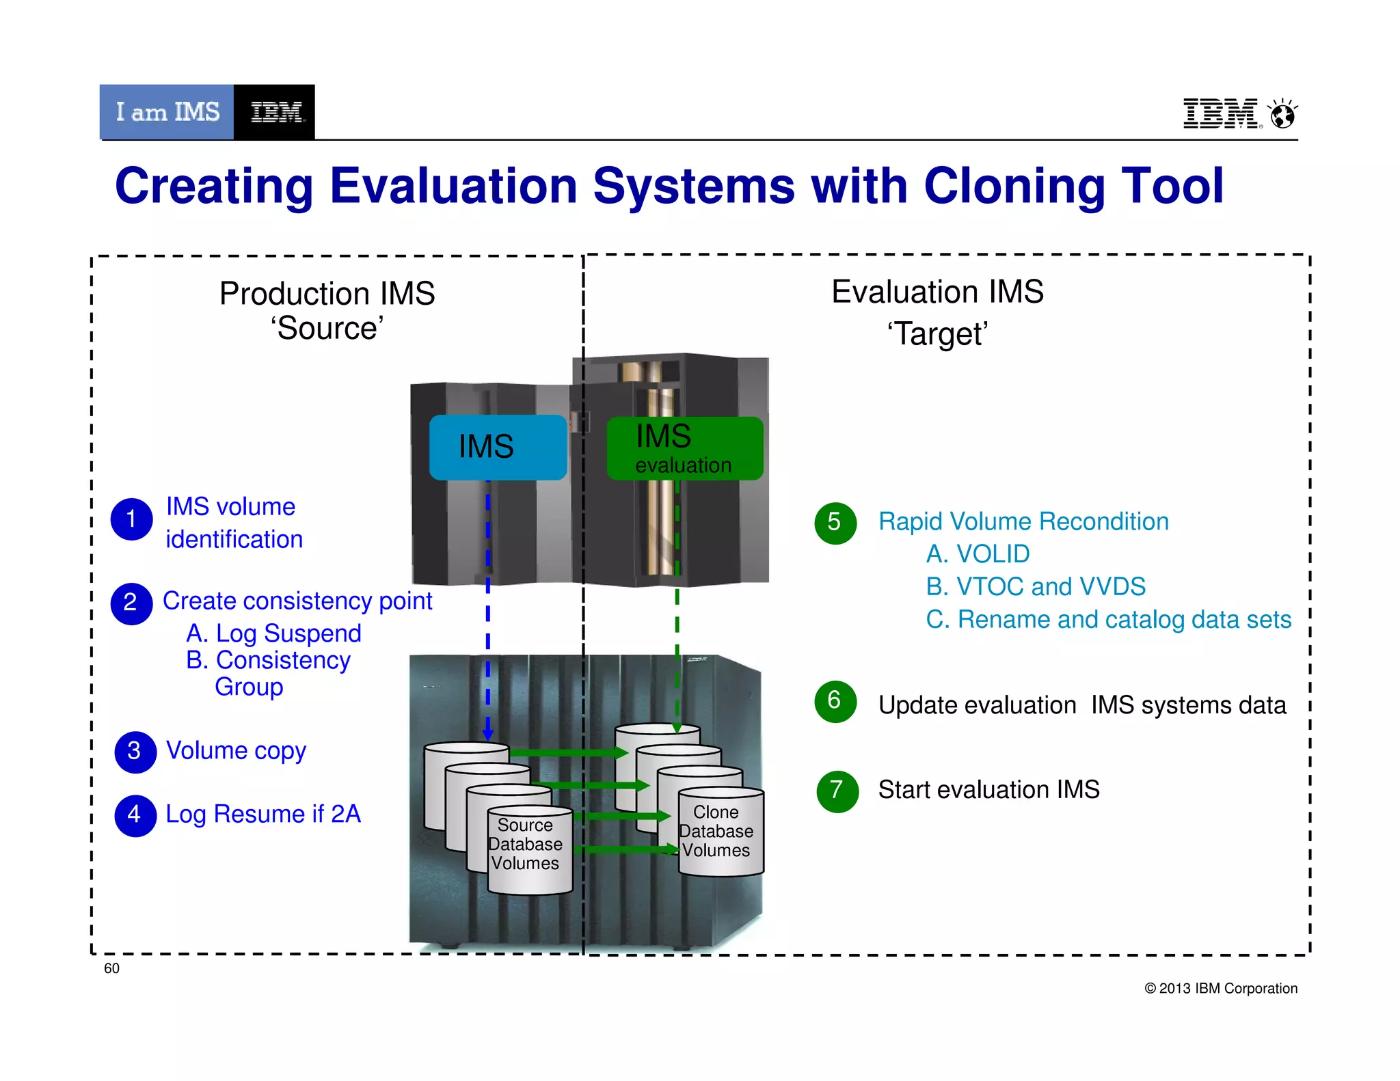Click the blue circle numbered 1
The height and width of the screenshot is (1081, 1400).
click(131, 519)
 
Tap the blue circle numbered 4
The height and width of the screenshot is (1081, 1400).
click(135, 815)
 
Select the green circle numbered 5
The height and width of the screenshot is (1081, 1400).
click(835, 523)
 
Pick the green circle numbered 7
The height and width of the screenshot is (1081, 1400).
click(837, 791)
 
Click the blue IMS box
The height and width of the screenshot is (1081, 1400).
click(498, 447)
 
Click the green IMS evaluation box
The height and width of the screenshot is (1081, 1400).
click(684, 448)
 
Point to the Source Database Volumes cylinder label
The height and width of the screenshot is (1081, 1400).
click(525, 845)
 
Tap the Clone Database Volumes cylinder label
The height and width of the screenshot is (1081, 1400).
click(716, 832)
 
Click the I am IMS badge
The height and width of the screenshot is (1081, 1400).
click(167, 112)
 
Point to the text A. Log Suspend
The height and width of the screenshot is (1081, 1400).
click(273, 633)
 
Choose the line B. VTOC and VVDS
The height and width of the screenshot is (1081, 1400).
click(1035, 586)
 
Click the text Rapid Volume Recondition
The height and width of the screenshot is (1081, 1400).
click(1023, 521)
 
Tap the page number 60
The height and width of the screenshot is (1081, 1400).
click(111, 968)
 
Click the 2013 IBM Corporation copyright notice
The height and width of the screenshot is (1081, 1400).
click(1220, 988)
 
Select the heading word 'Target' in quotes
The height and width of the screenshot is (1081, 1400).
click(937, 334)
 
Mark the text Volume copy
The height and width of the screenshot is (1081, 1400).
click(236, 750)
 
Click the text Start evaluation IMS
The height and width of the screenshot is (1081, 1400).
click(988, 790)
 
